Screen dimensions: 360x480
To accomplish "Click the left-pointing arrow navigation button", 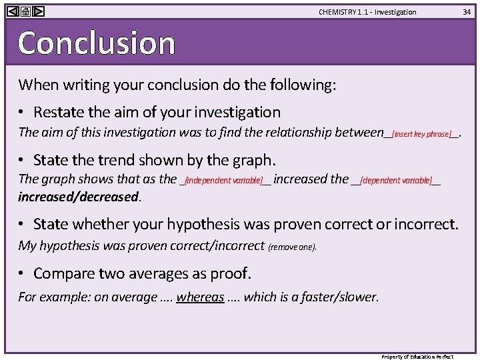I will pyautogui.click(x=13, y=11).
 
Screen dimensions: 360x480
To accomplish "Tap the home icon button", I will pyautogui.click(x=25, y=11).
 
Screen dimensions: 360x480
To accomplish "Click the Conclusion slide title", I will pyautogui.click(x=97, y=43).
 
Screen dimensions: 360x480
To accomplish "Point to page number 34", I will pyautogui.click(x=467, y=12).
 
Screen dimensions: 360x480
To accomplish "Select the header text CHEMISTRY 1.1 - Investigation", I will pyautogui.click(x=367, y=12).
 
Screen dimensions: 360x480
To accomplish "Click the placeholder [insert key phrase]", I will pyautogui.click(x=421, y=134).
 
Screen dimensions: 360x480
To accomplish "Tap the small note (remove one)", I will pyautogui.click(x=292, y=247).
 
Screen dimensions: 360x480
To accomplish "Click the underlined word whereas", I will pyautogui.click(x=200, y=297).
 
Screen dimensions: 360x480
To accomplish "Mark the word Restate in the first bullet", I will pyautogui.click(x=57, y=112).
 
